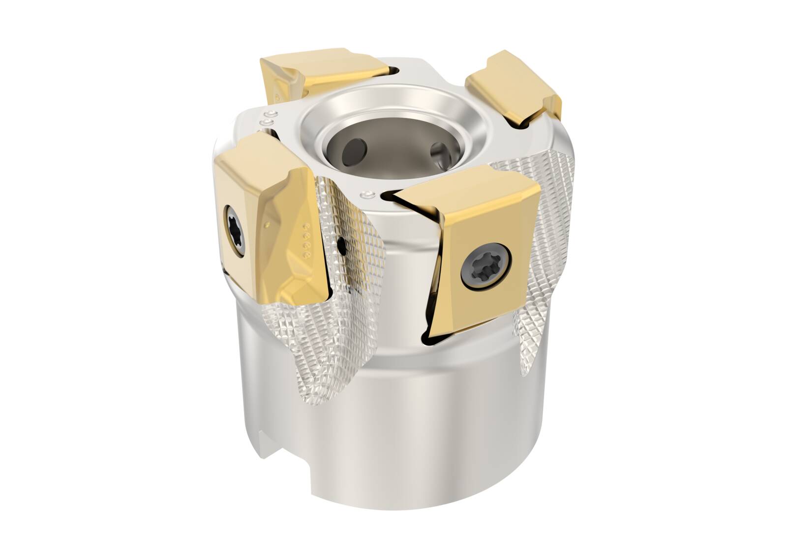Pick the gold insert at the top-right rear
tap(512, 86)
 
